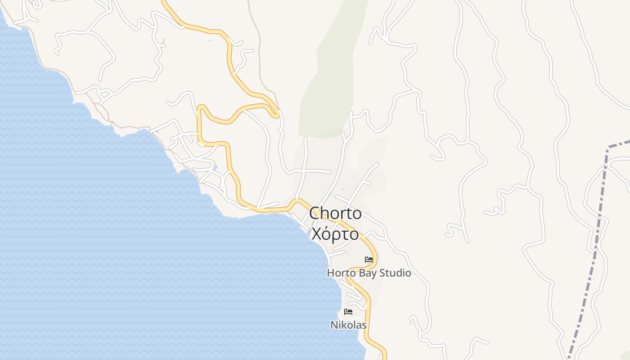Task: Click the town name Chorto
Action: pyautogui.click(x=335, y=213)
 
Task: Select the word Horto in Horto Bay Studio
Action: pyautogui.click(x=341, y=273)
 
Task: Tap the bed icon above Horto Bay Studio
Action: pyautogui.click(x=369, y=260)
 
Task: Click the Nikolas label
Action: pyautogui.click(x=348, y=325)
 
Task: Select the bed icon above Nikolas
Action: pyautogui.click(x=348, y=311)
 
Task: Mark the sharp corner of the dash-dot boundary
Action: pyautogui.click(x=608, y=147)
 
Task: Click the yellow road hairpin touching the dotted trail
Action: pyautogui.click(x=276, y=112)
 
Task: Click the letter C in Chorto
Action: pyautogui.click(x=315, y=213)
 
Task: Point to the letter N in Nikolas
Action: pyautogui.click(x=334, y=325)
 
